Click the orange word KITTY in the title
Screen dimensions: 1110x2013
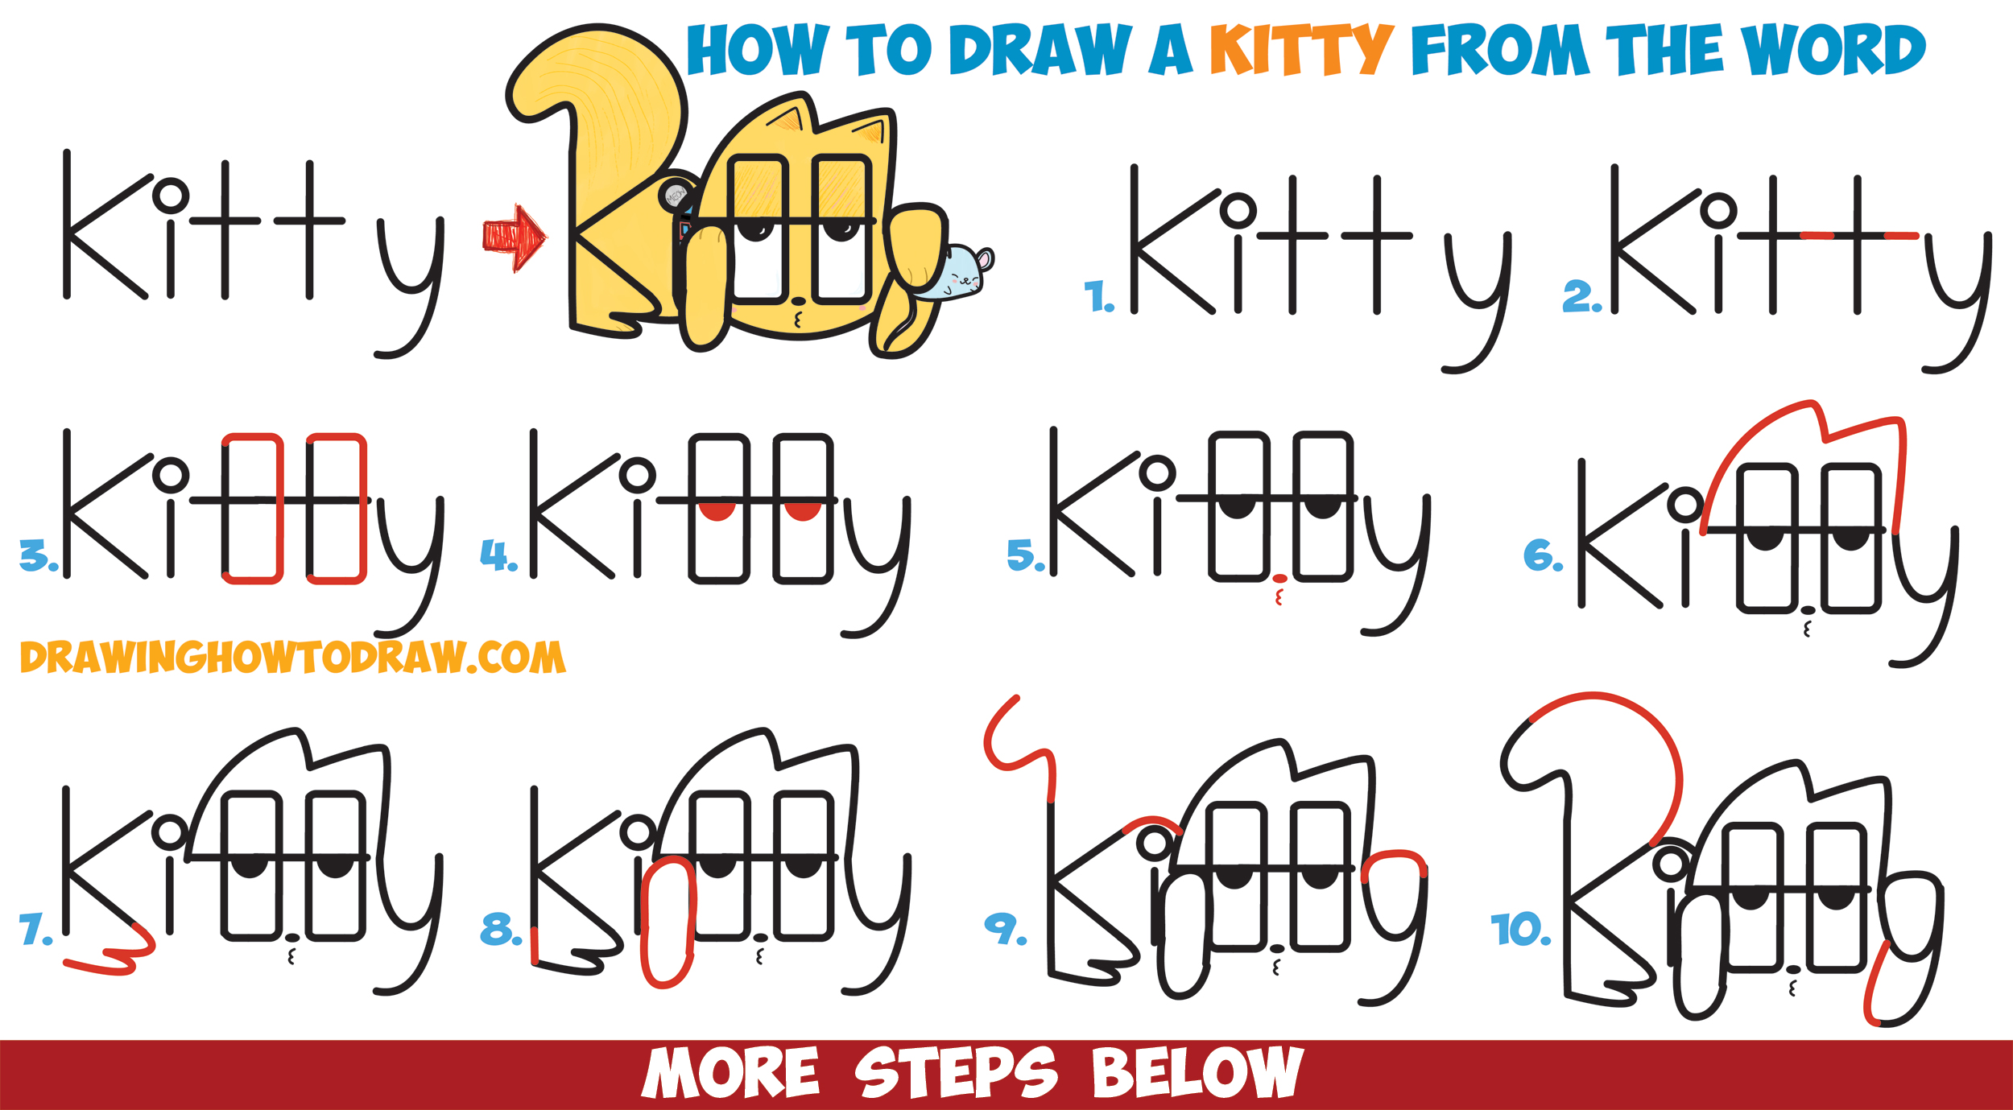tap(1300, 50)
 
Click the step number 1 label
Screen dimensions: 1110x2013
tap(1097, 296)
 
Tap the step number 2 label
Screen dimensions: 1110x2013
tap(1580, 296)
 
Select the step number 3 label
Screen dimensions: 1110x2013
tap(36, 556)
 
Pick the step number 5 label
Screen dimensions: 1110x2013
tap(1024, 555)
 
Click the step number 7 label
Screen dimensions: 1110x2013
tap(34, 929)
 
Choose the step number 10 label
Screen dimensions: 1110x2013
tap(1519, 930)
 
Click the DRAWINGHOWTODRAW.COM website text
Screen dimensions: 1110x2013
tap(292, 658)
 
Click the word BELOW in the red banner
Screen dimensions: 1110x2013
tap(1197, 1073)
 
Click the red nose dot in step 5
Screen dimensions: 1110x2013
tap(1279, 578)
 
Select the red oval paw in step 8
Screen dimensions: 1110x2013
tap(668, 922)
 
